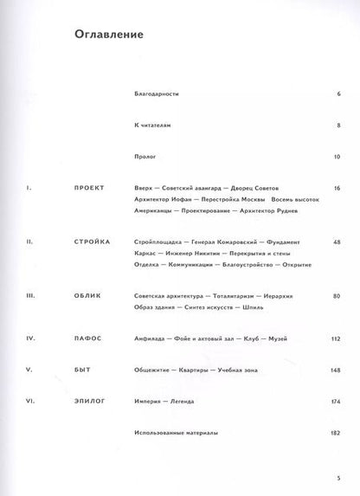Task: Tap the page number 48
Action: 337,242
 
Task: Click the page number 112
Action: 336,339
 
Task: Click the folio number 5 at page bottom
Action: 338,477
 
